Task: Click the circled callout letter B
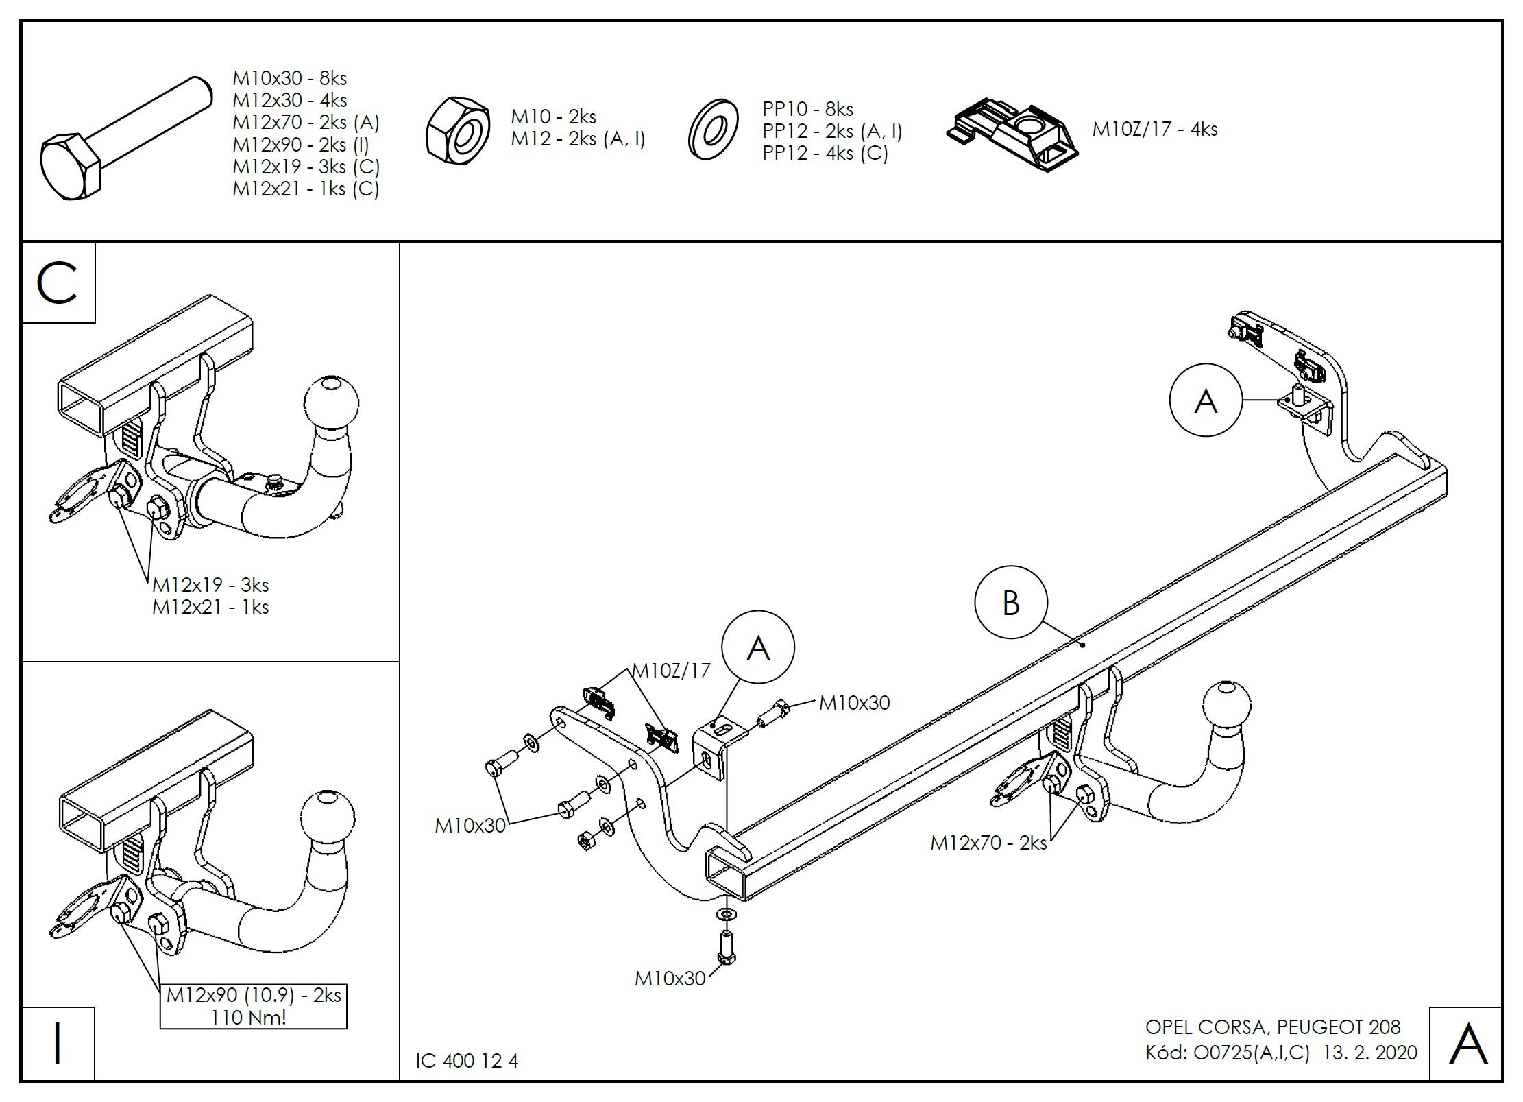tap(1010, 603)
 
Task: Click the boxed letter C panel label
tap(58, 283)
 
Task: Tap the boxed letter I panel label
tap(58, 1044)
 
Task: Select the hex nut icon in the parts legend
tap(457, 130)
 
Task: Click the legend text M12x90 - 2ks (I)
tap(301, 145)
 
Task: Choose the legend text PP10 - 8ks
tap(807, 109)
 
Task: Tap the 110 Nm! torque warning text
tap(249, 1017)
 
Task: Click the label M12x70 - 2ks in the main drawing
tap(988, 843)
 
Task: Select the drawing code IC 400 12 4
tap(467, 1061)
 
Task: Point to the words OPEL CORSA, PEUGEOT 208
tap(1273, 1027)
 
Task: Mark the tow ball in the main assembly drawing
tap(1226, 707)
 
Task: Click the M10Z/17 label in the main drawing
tap(671, 670)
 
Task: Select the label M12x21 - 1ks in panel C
tap(210, 607)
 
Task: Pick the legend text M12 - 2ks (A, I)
tap(578, 139)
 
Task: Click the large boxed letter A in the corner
tap(1467, 1044)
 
